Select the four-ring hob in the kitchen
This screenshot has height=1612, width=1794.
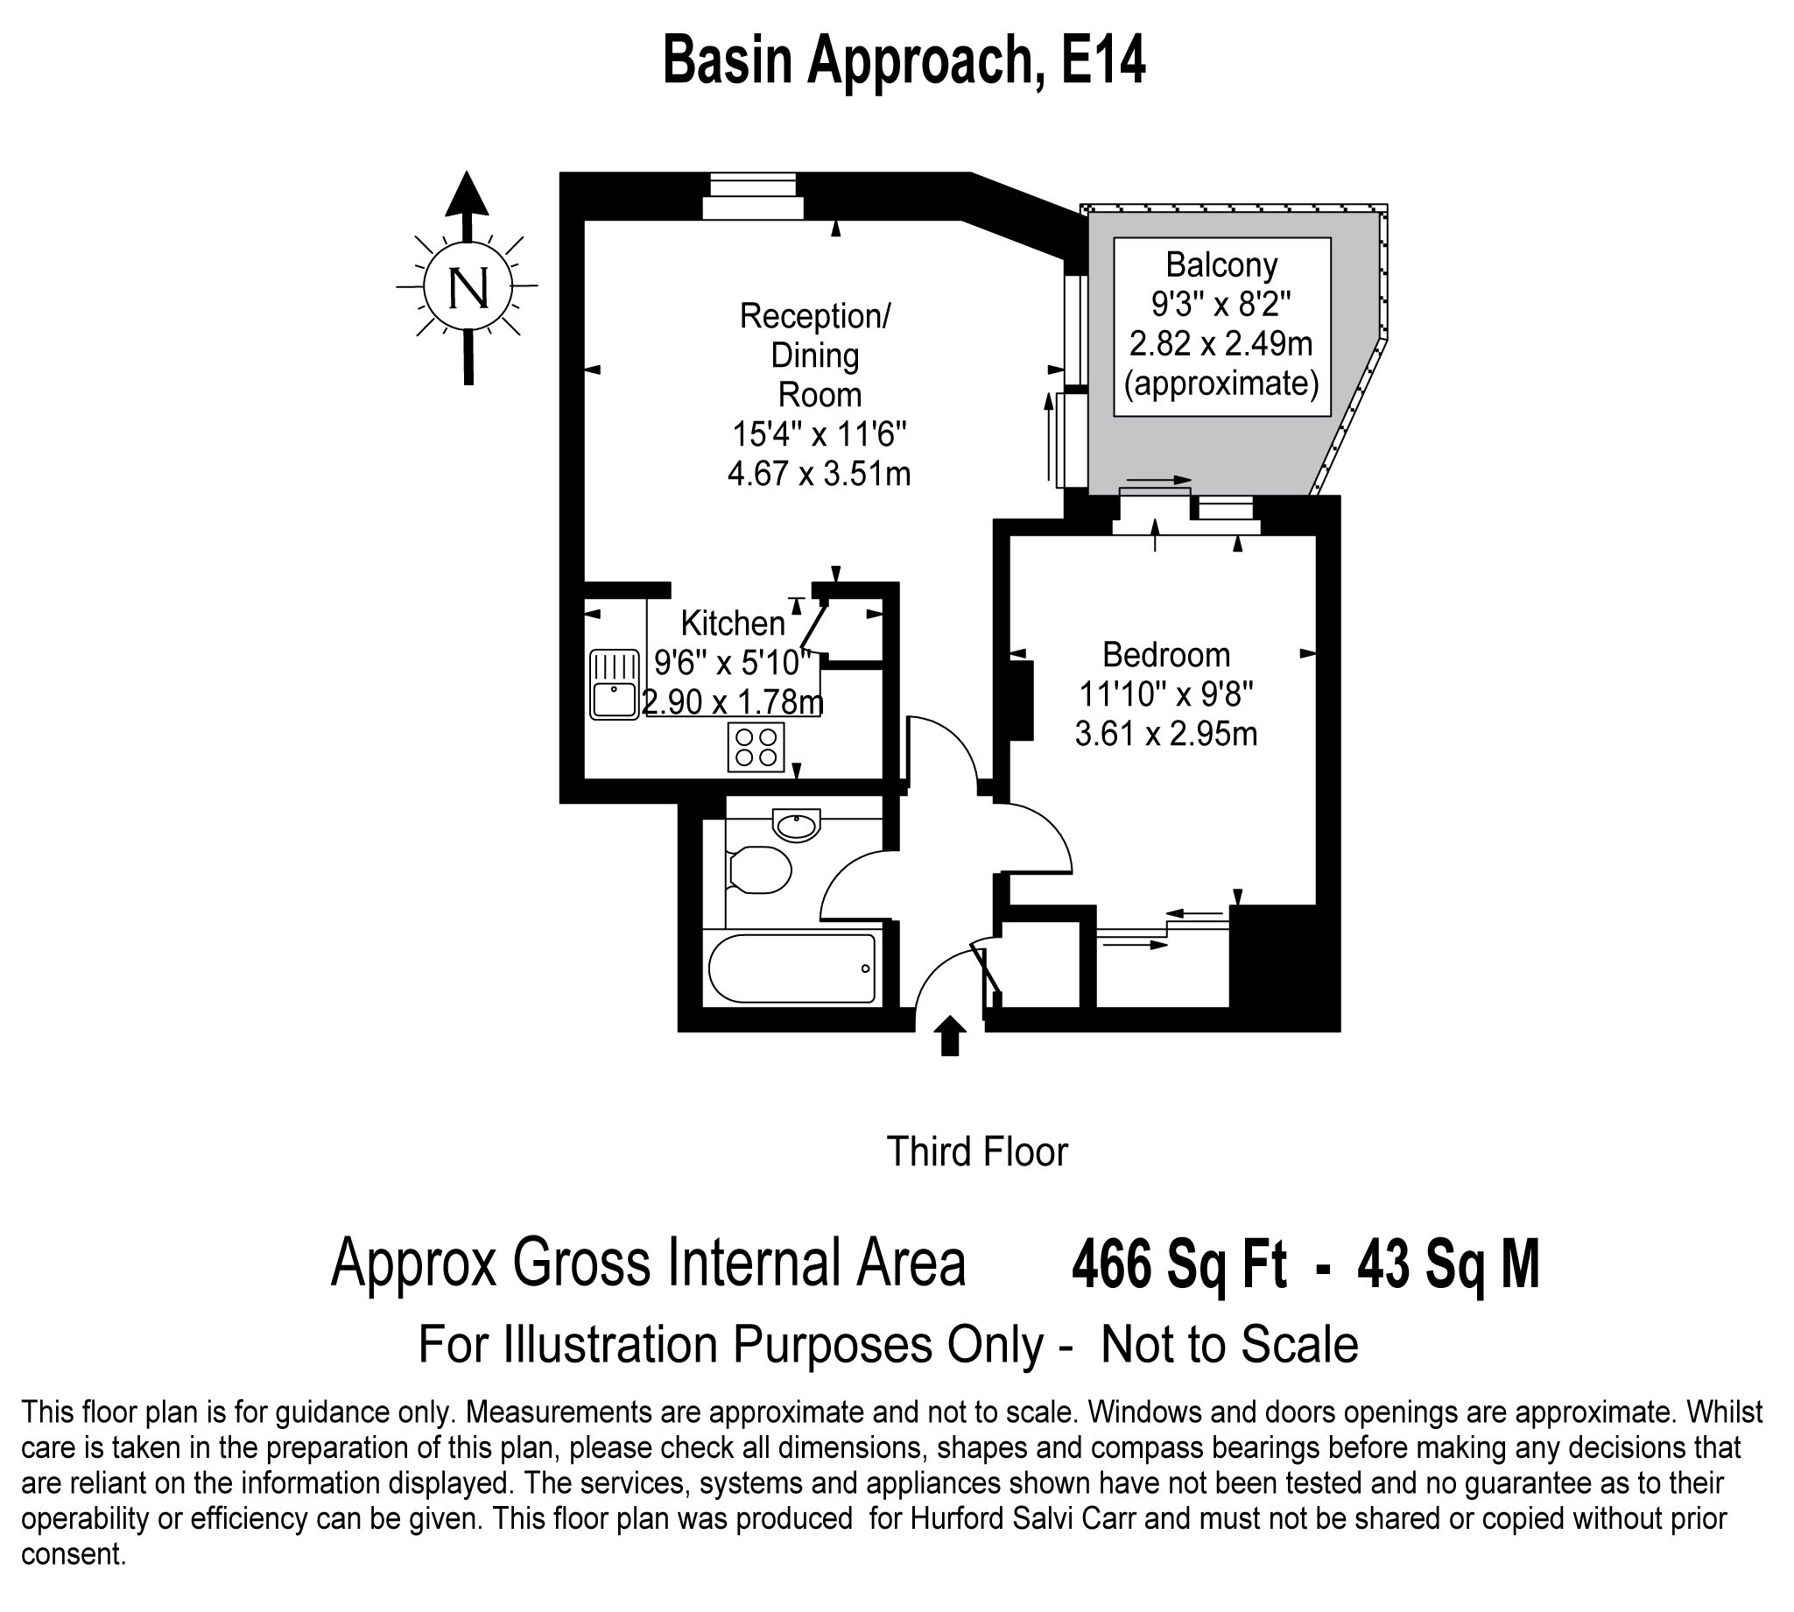tap(756, 747)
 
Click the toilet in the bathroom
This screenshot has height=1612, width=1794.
tap(759, 869)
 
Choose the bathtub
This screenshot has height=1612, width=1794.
tap(791, 968)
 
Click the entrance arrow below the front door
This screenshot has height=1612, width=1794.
tap(950, 1037)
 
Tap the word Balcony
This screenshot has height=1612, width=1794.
tap(1221, 264)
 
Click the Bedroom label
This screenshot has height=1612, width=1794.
tap(1166, 655)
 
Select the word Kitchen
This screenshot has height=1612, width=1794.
tap(732, 623)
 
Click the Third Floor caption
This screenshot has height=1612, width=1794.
tap(977, 1151)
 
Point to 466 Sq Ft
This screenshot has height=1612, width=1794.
tap(1178, 1264)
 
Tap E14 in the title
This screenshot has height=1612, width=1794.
tap(1103, 61)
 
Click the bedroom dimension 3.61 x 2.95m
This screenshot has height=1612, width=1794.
tap(1166, 735)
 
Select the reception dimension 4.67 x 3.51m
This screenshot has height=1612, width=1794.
tap(820, 474)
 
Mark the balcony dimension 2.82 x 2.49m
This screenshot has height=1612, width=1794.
tap(1221, 342)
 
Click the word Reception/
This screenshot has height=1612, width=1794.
tap(814, 316)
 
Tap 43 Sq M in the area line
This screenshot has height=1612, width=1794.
tap(1449, 1264)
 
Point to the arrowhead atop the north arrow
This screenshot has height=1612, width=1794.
tap(467, 194)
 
